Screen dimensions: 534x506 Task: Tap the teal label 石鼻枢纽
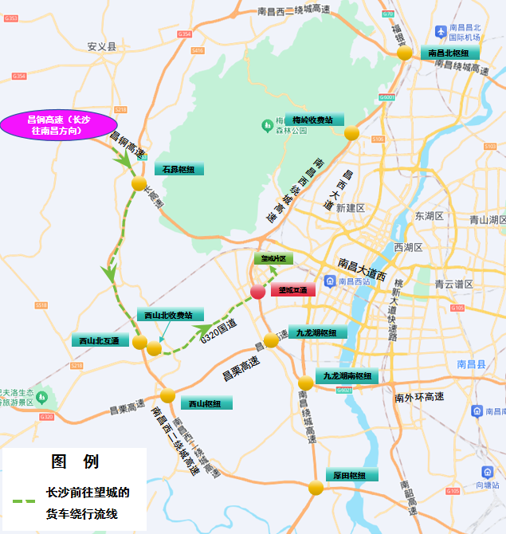179,169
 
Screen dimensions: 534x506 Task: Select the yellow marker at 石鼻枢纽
139,183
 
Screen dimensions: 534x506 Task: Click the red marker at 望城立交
258,292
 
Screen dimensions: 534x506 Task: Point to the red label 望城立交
293,290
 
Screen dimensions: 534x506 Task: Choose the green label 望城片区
274,259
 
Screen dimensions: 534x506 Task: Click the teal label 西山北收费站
170,315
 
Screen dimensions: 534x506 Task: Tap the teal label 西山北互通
100,340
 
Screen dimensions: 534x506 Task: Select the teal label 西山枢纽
206,403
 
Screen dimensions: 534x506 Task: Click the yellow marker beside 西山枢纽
167,395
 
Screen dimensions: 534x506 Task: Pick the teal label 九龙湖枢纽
316,332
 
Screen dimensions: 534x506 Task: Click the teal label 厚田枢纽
351,475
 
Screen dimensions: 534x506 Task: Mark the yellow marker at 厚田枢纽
316,487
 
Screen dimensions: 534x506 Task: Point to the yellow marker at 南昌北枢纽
405,53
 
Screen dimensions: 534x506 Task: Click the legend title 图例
75,461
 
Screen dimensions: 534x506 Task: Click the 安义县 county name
101,47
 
